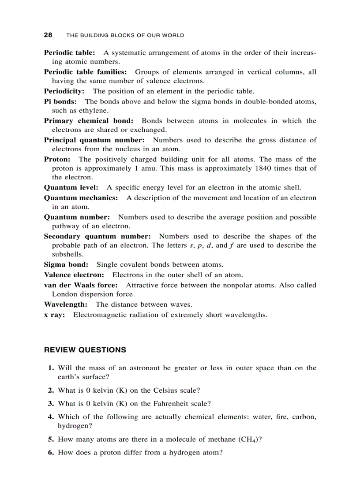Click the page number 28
click(x=48, y=35)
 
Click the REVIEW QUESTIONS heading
click(x=85, y=350)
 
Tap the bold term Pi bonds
click(x=60, y=101)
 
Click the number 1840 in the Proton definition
click(x=263, y=168)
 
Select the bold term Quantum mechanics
click(x=81, y=198)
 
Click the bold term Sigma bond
click(x=66, y=264)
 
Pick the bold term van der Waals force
click(x=81, y=285)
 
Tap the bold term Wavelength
click(x=65, y=304)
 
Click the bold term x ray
click(x=54, y=315)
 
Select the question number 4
click(x=51, y=417)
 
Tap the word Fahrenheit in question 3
click(x=174, y=403)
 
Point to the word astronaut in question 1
click(x=144, y=368)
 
